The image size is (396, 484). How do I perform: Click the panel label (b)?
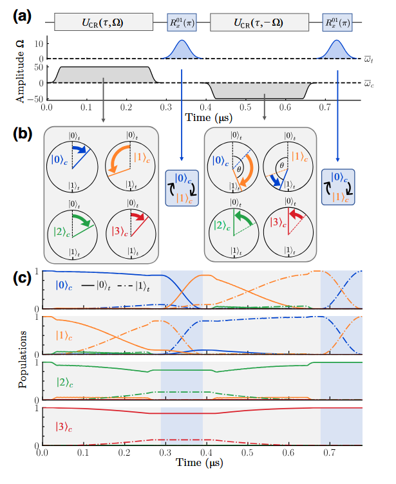point(19,135)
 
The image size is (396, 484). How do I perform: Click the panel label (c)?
point(19,278)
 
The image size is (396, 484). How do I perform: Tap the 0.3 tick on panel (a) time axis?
point(166,107)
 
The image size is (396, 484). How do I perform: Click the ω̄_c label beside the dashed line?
point(366,84)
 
